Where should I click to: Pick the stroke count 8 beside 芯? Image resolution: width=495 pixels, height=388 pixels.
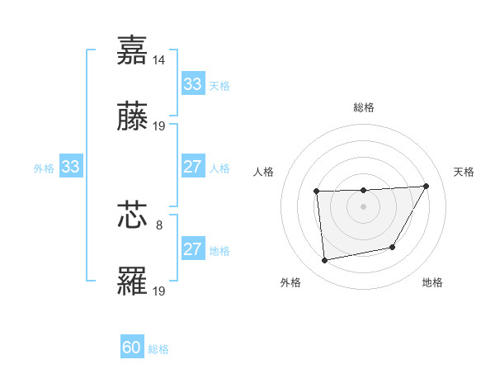[x=159, y=223]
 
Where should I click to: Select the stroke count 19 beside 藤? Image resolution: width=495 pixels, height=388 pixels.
[x=160, y=126]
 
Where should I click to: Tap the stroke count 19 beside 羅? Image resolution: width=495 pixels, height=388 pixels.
[x=160, y=291]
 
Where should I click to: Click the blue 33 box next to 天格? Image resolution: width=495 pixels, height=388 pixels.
[x=192, y=84]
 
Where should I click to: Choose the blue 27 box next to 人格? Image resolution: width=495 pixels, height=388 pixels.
[x=192, y=167]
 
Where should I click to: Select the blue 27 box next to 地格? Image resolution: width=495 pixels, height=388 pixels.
[x=192, y=249]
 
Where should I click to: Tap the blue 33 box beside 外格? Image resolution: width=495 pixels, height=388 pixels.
[x=70, y=167]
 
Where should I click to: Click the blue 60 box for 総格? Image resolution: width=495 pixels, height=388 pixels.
[x=132, y=348]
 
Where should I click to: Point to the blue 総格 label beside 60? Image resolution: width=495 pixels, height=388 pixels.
[x=158, y=349]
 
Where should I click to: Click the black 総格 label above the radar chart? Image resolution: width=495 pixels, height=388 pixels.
[x=363, y=107]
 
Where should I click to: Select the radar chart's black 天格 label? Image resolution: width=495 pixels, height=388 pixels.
[x=464, y=172]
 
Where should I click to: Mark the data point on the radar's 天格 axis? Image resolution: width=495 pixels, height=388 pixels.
[x=426, y=186]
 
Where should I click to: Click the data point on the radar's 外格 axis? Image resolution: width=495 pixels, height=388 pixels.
[x=325, y=261]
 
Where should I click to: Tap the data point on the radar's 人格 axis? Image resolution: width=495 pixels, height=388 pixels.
[x=317, y=192]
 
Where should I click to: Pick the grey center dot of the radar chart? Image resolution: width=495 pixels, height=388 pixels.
[x=363, y=206]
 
